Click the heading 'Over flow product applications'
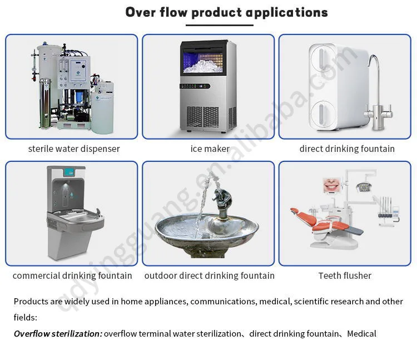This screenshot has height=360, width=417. click(226, 12)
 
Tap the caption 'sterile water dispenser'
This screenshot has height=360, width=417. click(74, 149)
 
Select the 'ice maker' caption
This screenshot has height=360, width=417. click(210, 149)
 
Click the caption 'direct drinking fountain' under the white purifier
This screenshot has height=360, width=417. click(347, 149)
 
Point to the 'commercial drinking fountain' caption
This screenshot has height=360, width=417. click(72, 275)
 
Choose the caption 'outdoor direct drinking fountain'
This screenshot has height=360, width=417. click(210, 275)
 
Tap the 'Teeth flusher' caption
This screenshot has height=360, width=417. click(345, 275)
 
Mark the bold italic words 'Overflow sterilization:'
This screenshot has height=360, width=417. click(58, 334)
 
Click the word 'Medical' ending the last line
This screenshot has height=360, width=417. click(361, 334)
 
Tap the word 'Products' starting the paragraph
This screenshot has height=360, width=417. click(31, 302)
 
